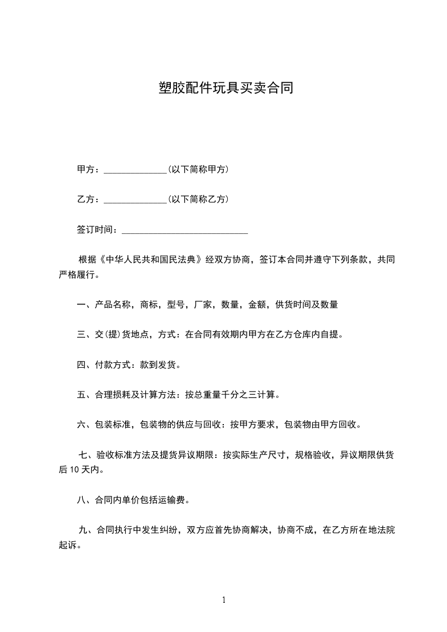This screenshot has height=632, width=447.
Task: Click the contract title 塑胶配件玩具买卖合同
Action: click(223, 88)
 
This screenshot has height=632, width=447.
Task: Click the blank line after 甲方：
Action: click(135, 170)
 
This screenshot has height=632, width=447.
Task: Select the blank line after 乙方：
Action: click(135, 200)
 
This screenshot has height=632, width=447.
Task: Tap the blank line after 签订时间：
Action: click(185, 230)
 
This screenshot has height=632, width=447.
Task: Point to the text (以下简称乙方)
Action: click(198, 199)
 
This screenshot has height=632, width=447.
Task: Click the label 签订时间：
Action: click(98, 230)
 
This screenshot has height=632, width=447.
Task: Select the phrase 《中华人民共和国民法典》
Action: click(150, 260)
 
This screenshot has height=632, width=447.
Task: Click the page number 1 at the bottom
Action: click(224, 600)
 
